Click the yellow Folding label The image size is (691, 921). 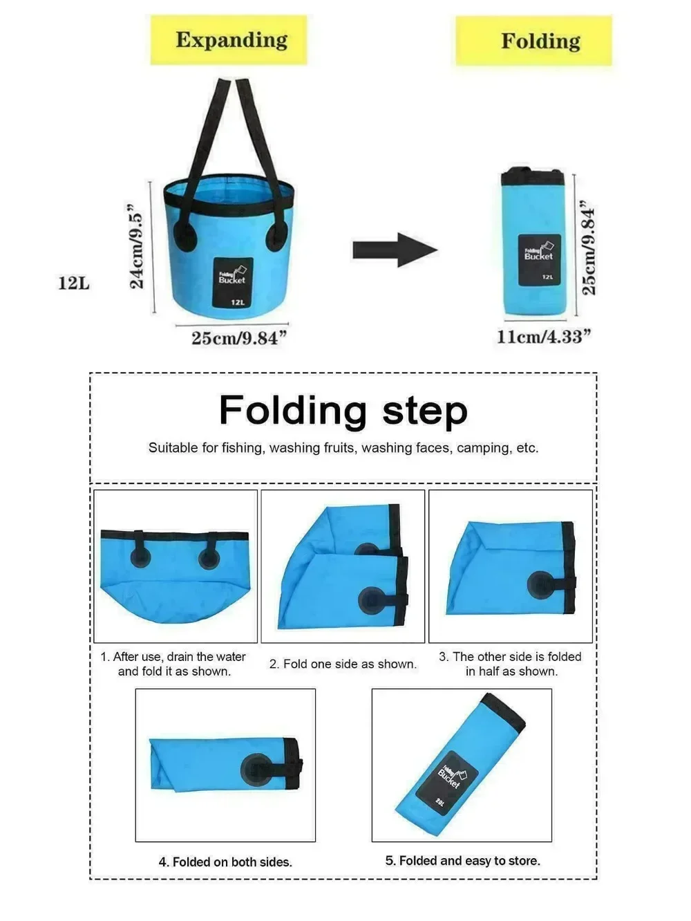pos(534,41)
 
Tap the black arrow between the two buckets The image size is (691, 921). pos(395,250)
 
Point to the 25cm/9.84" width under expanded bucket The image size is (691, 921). pos(239,338)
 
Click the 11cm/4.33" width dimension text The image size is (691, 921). pos(544,337)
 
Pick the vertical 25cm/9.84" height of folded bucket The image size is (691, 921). pos(588,248)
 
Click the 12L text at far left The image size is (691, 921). pos(73,283)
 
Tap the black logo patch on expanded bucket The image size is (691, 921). pos(233,283)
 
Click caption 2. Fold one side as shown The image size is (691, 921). pos(343,664)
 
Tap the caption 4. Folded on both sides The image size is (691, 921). pos(225,862)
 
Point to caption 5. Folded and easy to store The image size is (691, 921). pos(462,861)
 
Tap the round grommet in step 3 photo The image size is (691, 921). pos(541,585)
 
